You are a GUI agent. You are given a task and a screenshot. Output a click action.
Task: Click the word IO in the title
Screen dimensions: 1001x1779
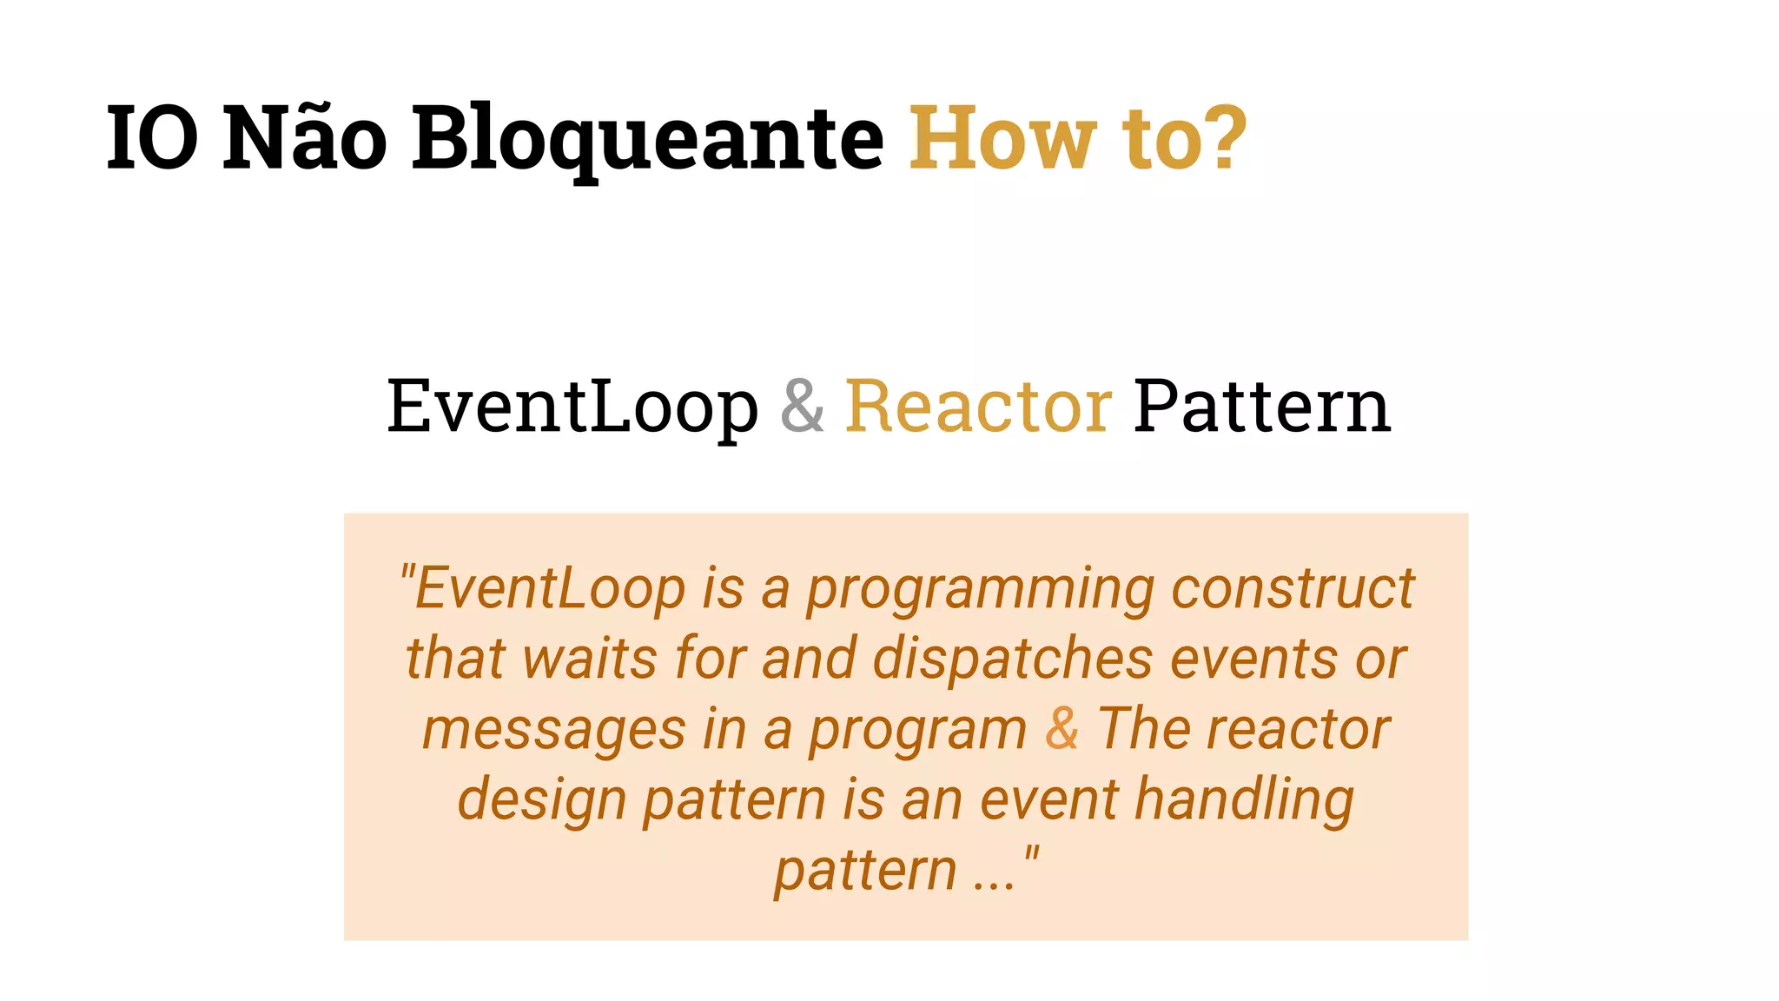click(x=152, y=138)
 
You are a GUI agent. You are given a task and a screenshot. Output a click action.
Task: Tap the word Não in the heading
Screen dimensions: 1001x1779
click(x=305, y=138)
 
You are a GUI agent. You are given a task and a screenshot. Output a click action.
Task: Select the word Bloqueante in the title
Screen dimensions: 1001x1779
click(x=647, y=138)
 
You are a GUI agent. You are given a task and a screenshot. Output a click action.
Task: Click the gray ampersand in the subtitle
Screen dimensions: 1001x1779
click(x=802, y=406)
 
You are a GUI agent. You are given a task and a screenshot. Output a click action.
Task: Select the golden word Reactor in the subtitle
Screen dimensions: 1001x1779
click(x=978, y=406)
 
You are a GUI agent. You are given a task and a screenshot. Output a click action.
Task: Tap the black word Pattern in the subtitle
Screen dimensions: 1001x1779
click(x=1261, y=406)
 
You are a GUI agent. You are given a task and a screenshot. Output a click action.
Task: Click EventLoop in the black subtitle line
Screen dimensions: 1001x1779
click(x=572, y=406)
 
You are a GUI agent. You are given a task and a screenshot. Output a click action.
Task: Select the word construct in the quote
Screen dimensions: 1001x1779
click(x=1293, y=589)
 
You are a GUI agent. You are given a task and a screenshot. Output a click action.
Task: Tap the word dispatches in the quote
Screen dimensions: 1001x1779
click(x=1013, y=659)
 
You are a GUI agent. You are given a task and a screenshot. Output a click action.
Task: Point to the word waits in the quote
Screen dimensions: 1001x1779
click(x=590, y=659)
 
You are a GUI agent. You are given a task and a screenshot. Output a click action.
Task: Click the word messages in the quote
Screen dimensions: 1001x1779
click(x=553, y=730)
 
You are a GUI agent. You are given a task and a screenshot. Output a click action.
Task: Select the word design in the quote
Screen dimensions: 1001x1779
click(x=542, y=800)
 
